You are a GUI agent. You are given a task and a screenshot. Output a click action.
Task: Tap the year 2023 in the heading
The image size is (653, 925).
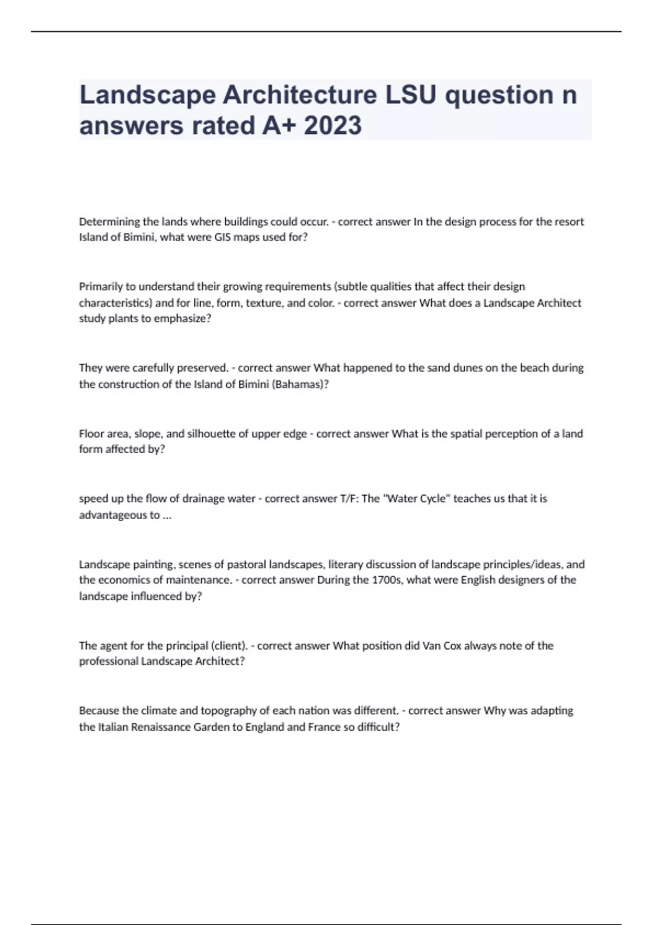tap(332, 126)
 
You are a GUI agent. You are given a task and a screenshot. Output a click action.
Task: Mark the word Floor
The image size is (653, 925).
tap(91, 434)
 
